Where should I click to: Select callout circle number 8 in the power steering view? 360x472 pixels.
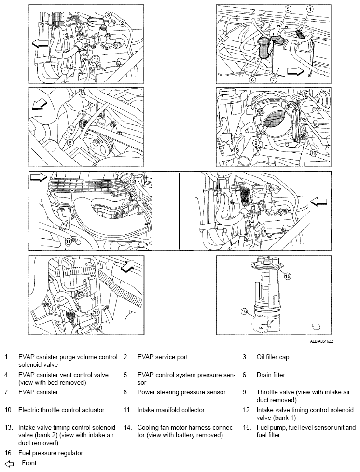(70, 142)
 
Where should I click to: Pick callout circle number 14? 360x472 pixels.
(97, 312)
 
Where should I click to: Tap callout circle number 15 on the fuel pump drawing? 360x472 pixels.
(287, 277)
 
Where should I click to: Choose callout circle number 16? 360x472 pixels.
(245, 312)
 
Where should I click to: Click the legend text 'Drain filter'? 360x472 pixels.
(271, 375)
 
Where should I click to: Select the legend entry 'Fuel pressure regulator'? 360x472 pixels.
(50, 453)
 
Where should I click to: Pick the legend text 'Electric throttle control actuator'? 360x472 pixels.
(61, 410)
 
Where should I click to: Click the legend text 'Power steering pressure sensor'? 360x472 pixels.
(181, 392)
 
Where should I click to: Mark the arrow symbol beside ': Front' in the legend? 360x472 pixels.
(8, 463)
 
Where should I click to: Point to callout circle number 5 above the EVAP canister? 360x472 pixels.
(288, 9)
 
